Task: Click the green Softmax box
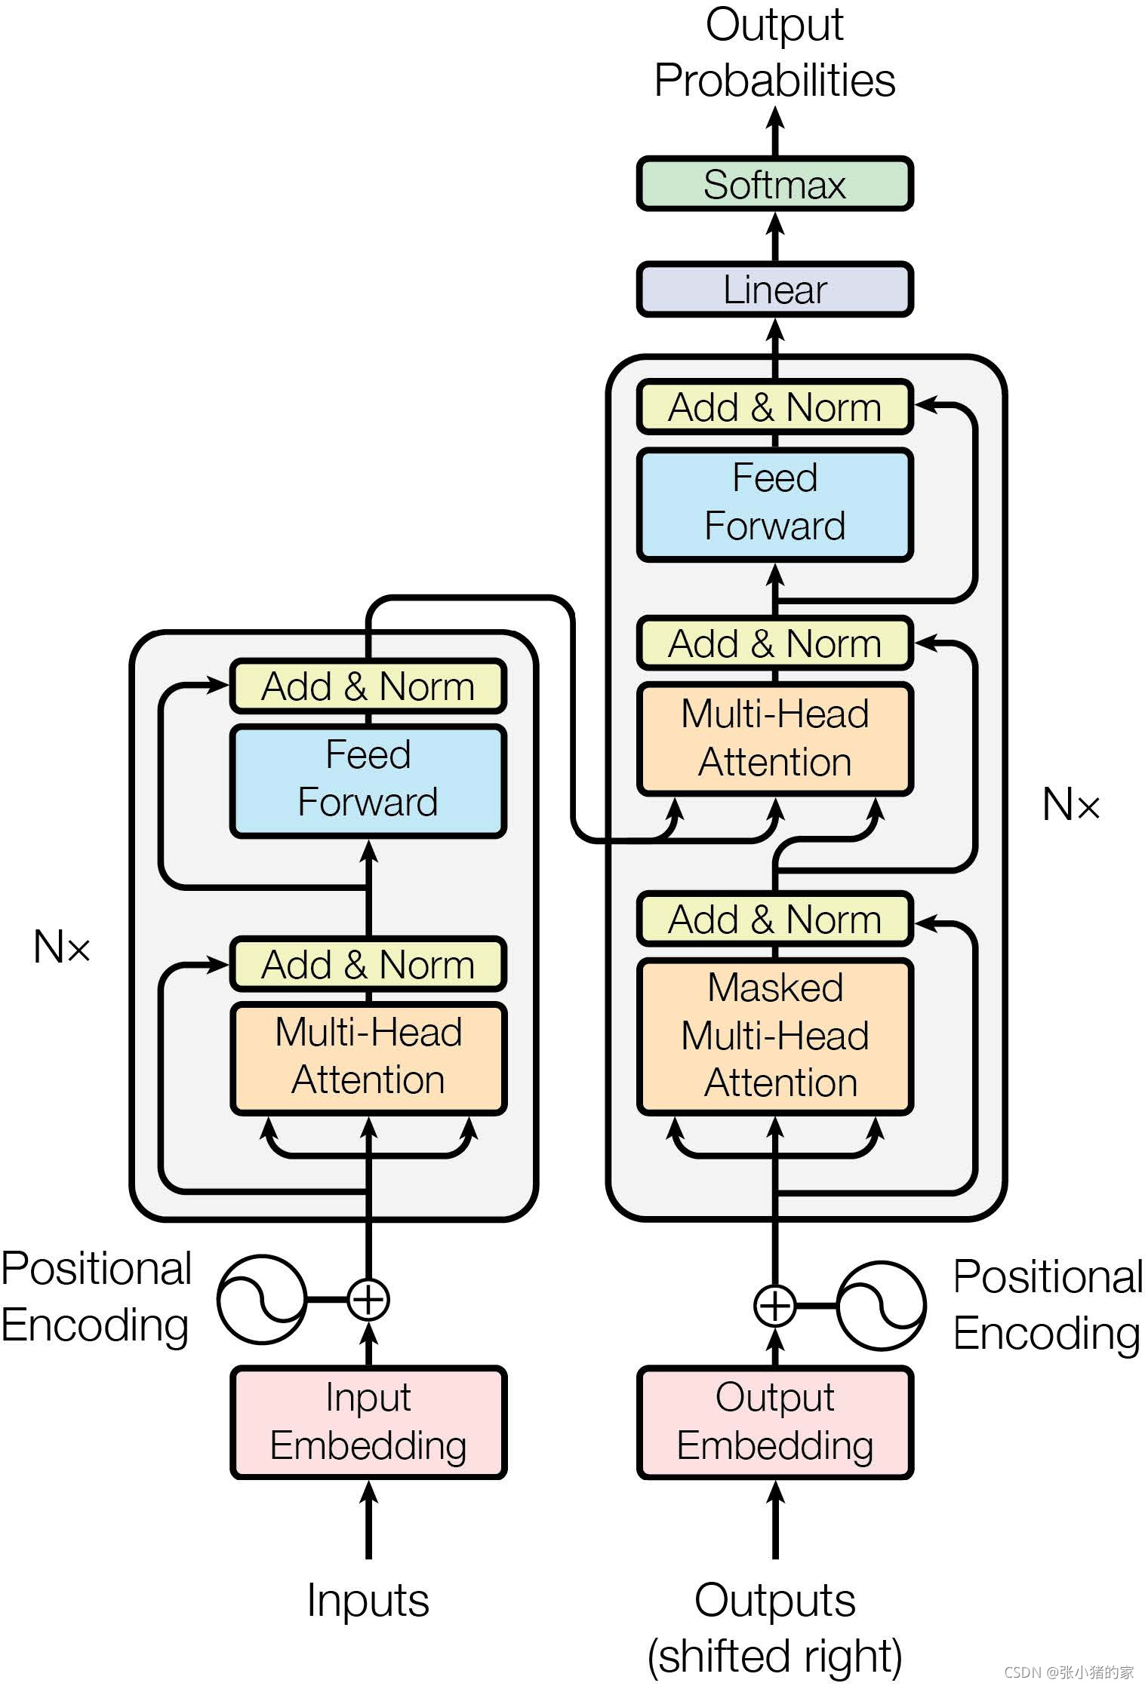774,184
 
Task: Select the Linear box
774,289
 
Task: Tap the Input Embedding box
368,1422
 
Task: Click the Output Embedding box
774,1422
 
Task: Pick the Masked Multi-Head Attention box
774,1036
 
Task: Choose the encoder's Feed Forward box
368,780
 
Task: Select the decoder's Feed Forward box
774,504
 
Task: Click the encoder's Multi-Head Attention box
368,1058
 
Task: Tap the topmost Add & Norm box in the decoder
774,407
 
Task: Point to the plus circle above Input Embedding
368,1299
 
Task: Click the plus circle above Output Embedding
775,1305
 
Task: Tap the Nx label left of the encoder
62,946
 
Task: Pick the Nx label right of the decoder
1071,804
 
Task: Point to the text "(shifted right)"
775,1657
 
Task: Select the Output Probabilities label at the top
775,52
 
